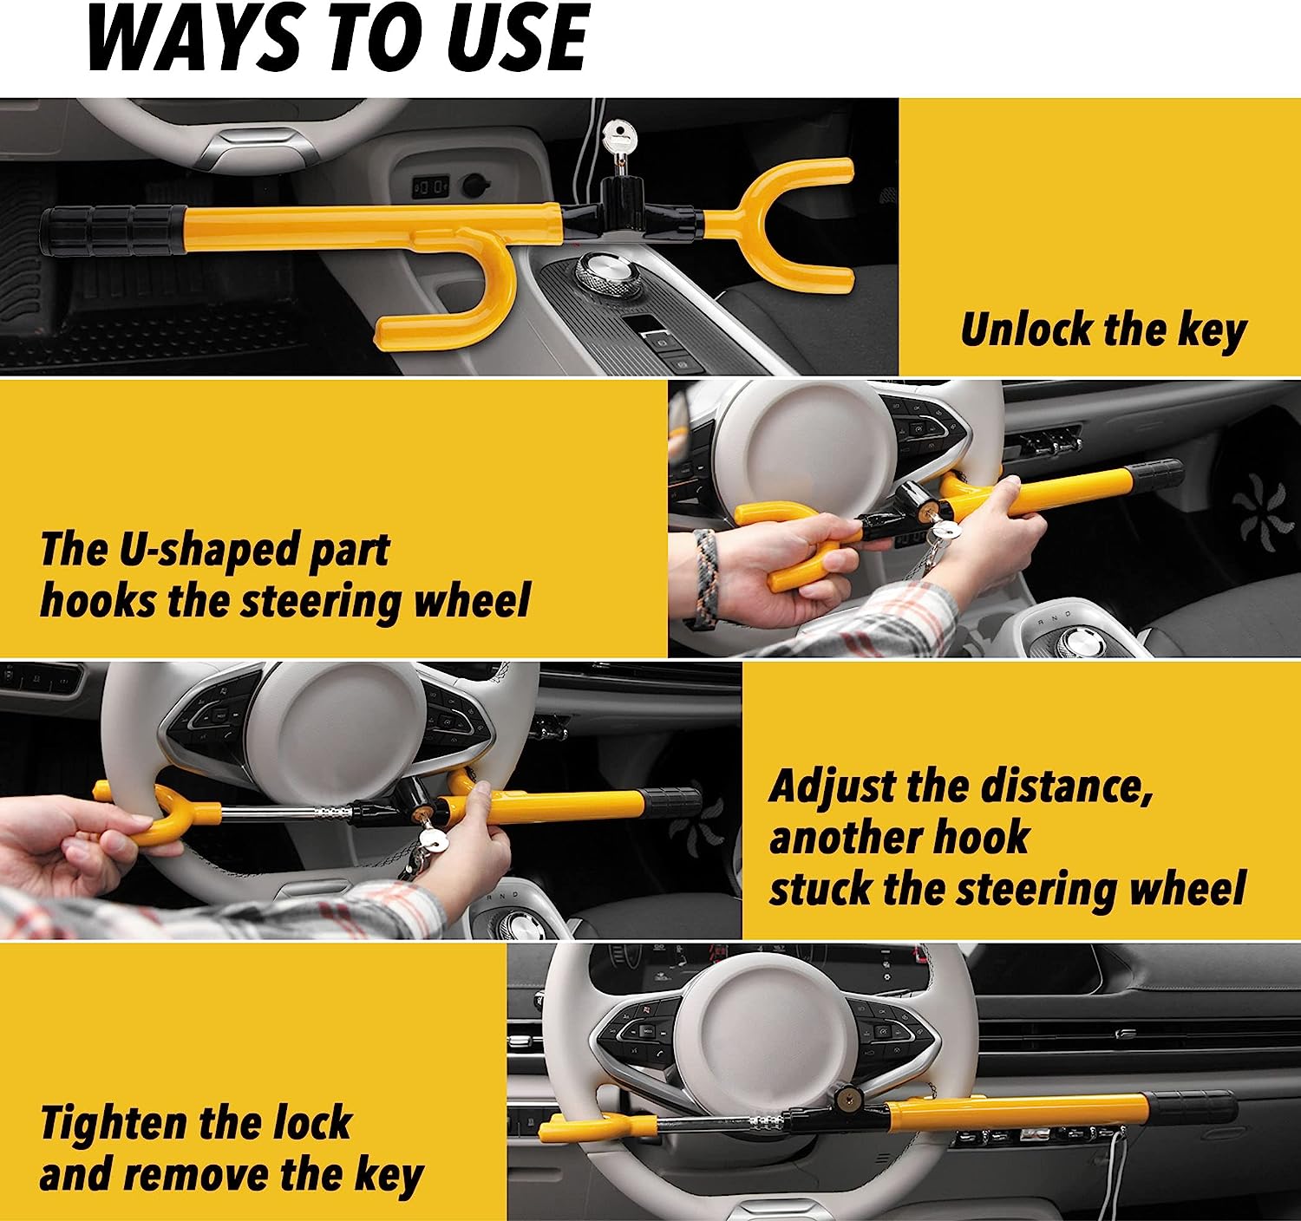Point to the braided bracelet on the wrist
click(x=705, y=577)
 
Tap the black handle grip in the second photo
click(x=1154, y=473)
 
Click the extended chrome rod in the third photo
click(x=286, y=813)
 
